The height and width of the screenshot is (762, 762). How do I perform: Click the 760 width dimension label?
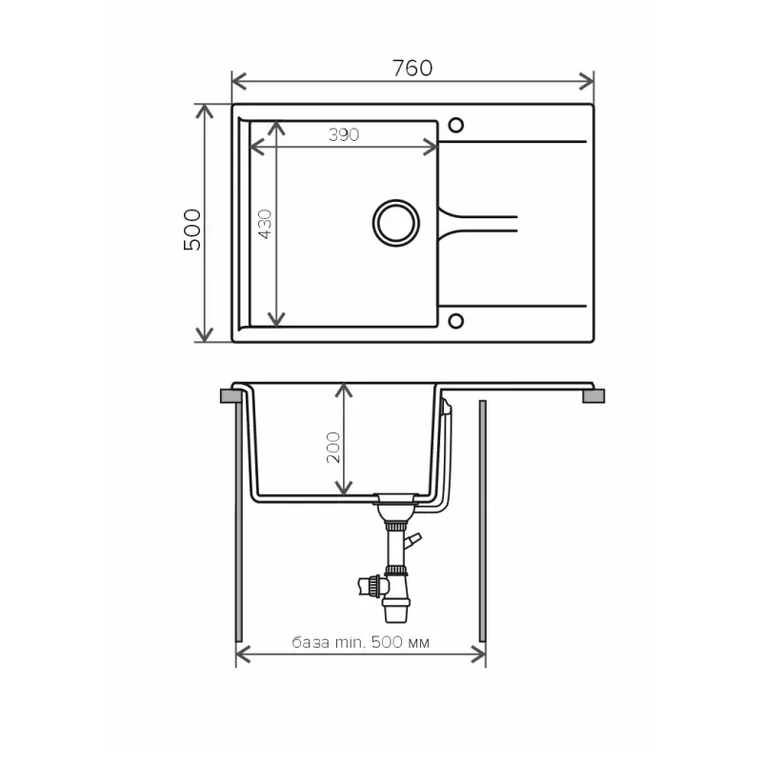coord(412,68)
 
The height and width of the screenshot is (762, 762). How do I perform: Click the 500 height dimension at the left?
coord(192,230)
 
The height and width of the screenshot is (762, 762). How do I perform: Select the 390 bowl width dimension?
coord(344,134)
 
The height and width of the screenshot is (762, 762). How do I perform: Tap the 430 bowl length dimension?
coord(265,224)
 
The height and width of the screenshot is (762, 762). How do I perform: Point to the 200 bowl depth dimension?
coord(333,447)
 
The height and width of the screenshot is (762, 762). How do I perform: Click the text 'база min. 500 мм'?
coord(361,642)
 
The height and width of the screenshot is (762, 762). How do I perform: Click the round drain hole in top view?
coord(396,223)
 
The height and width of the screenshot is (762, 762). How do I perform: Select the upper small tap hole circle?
coord(456,125)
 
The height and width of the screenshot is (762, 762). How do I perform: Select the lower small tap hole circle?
coord(456,321)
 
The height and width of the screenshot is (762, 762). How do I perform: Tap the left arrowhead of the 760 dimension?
coord(239,81)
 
